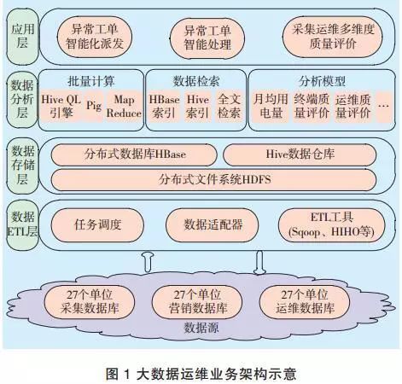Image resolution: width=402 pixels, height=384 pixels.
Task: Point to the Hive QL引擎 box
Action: click(x=64, y=106)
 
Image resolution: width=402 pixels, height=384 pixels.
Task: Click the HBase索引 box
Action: click(x=164, y=106)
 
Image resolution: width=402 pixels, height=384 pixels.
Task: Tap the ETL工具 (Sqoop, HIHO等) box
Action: click(x=331, y=224)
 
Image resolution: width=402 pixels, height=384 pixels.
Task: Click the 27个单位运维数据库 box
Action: click(x=300, y=300)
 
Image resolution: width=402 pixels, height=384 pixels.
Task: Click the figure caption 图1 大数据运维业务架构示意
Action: click(x=201, y=369)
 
